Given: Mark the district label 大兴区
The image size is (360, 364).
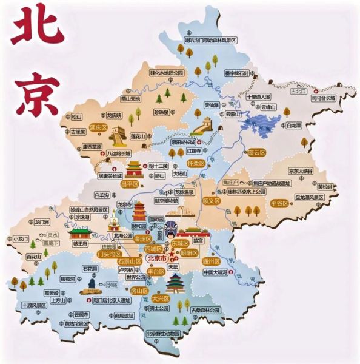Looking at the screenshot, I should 161,298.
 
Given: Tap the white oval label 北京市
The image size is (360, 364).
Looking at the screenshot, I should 157,260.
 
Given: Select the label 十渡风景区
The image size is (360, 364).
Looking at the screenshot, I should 33,305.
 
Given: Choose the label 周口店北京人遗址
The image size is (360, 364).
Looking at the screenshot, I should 110,300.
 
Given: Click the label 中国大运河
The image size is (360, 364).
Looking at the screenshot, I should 216,272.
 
